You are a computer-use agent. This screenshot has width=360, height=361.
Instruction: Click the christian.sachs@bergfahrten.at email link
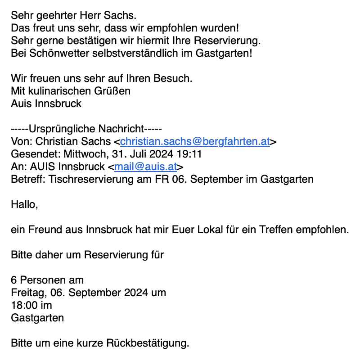pos(195,142)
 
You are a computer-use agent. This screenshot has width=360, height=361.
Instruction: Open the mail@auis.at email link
pos(145,167)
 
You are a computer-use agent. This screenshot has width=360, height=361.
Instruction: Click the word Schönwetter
pos(52,54)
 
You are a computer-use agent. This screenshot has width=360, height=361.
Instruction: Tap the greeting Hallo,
pos(25,205)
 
